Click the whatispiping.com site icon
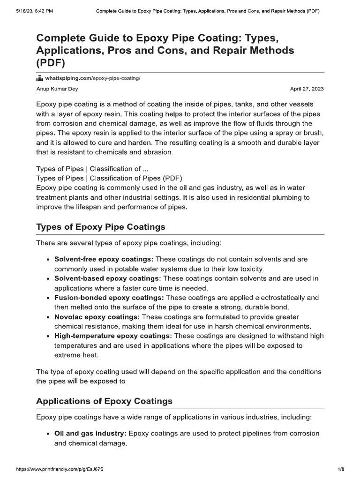(40, 78)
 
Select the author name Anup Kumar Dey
(57, 89)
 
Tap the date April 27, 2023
(307, 89)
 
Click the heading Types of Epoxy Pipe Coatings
(101, 227)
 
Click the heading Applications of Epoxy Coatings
(104, 401)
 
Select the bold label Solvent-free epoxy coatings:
(104, 259)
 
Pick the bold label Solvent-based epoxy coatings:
(107, 278)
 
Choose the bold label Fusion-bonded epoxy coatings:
(109, 298)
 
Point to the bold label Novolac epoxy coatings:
(97, 317)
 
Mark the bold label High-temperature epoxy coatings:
(113, 336)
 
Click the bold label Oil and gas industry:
(90, 434)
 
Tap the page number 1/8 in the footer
(341, 469)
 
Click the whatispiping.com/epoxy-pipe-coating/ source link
(92, 78)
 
